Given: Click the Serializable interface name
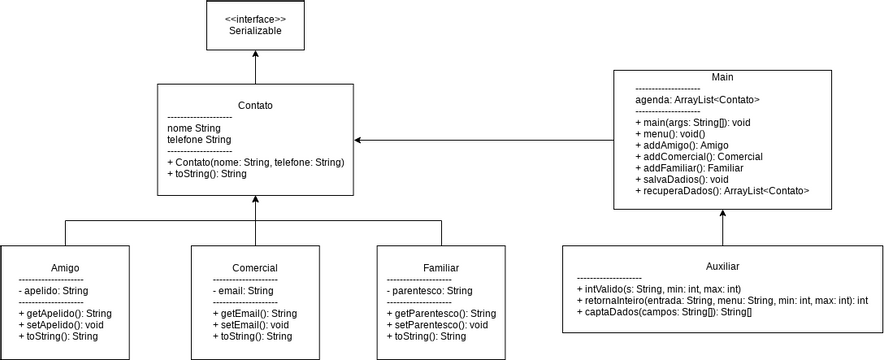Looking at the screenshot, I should (255, 31).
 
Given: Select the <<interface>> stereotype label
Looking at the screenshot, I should (255, 19).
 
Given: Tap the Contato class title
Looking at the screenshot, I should (255, 105).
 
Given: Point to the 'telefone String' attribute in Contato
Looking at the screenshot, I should (199, 140).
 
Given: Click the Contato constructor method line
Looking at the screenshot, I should (255, 162).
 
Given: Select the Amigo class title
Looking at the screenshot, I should (65, 268).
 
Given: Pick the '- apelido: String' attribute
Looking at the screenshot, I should (54, 291).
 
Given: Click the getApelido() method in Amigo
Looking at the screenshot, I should (65, 313).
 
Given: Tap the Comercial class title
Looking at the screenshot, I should (255, 268).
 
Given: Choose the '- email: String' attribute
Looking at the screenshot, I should (243, 291).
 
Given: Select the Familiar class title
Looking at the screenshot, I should (441, 268).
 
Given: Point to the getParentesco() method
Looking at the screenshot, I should (440, 313).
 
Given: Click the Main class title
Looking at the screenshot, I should (722, 77).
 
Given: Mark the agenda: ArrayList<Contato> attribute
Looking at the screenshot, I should (698, 100).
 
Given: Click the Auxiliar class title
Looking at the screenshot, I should (722, 266).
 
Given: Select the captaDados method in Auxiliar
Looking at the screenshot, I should (664, 312).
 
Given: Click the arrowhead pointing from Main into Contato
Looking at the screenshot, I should (359, 140).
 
